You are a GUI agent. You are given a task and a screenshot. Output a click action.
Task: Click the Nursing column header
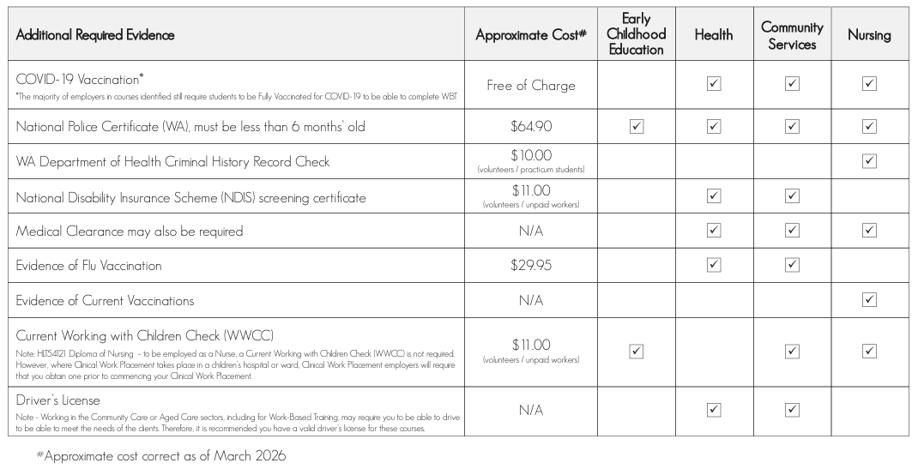[x=869, y=35]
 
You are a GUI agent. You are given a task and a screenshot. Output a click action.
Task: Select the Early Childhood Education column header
[x=637, y=35]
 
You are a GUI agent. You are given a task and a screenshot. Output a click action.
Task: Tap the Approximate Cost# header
[x=531, y=35]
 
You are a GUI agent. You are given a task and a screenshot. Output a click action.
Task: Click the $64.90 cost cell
[x=531, y=126]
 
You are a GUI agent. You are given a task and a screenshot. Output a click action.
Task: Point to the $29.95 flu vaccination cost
[x=531, y=266]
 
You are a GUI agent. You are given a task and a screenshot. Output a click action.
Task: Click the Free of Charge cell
[x=531, y=85]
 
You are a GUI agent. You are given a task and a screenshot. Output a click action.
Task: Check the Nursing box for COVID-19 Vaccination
[x=869, y=84]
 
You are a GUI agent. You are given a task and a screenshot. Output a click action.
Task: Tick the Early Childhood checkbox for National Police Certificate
[x=637, y=126]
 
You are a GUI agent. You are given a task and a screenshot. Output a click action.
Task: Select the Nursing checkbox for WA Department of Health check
[x=869, y=161]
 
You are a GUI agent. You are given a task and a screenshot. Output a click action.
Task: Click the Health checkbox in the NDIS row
[x=714, y=196]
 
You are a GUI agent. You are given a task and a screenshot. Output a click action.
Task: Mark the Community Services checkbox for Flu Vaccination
[x=792, y=265]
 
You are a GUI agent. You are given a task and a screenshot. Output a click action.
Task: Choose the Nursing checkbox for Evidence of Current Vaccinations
[x=869, y=300]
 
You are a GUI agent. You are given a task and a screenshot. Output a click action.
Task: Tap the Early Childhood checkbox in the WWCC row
[x=637, y=351]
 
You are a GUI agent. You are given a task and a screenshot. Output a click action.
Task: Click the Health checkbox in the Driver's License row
[x=714, y=410]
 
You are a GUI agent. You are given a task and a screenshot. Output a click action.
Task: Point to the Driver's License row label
[x=58, y=400]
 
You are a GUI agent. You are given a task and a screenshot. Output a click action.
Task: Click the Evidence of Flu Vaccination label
[x=88, y=266]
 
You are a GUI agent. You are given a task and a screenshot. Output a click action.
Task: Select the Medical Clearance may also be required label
[x=130, y=231]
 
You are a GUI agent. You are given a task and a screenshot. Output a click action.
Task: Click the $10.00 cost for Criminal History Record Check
[x=531, y=155]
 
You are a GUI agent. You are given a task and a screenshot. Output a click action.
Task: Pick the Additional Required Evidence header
[x=95, y=35]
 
